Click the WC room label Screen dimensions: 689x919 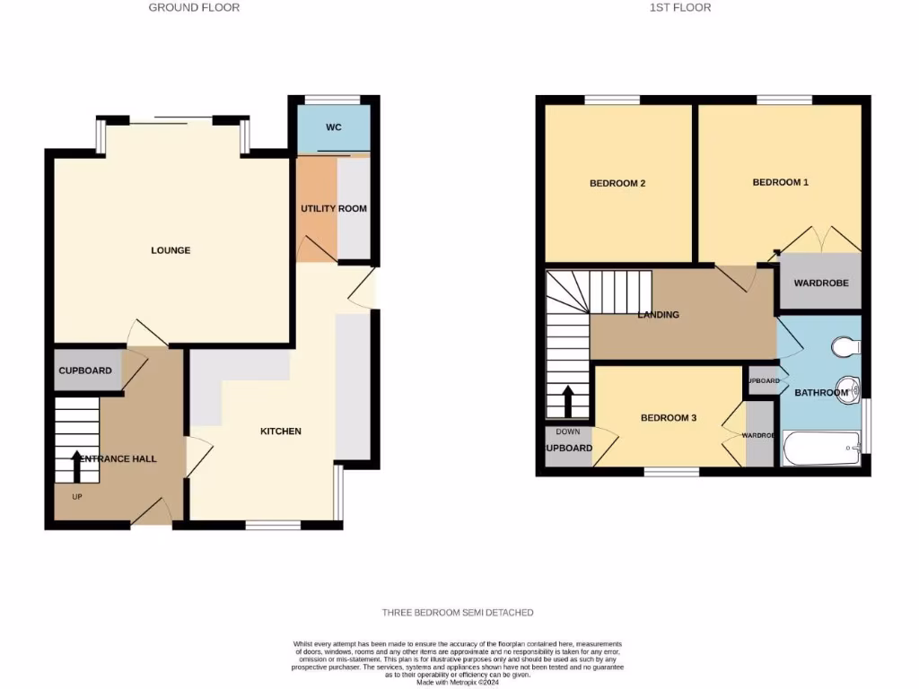[333, 127]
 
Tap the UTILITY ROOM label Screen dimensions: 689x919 [334, 209]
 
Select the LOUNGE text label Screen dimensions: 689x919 [171, 250]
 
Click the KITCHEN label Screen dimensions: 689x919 [281, 432]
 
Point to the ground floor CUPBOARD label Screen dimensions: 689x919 [85, 371]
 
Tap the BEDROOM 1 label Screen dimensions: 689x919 [780, 182]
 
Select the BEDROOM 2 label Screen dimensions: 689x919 [617, 183]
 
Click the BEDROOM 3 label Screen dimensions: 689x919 [669, 418]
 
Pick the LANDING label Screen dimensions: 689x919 [658, 315]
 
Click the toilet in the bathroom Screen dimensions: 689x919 [845, 346]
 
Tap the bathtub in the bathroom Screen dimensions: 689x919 [821, 448]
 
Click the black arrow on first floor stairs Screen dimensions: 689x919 [567, 401]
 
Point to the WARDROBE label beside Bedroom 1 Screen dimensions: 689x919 [819, 283]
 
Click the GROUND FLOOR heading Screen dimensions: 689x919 [194, 7]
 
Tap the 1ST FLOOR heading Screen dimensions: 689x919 [680, 7]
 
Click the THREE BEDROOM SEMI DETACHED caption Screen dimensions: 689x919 [458, 613]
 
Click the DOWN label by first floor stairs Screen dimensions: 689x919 [568, 432]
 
